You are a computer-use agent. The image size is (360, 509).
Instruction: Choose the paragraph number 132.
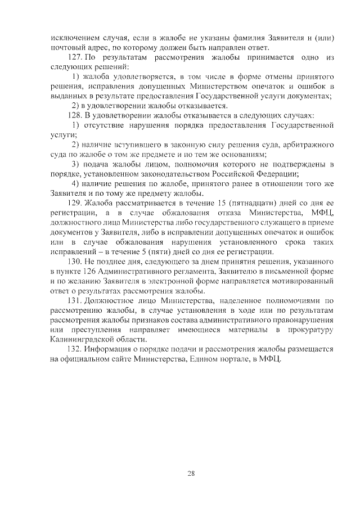pyautogui.click(x=74, y=348)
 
